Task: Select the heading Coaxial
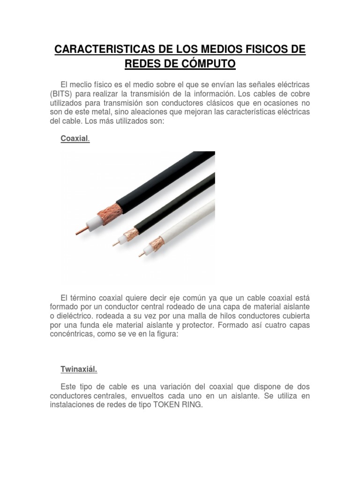click(x=75, y=139)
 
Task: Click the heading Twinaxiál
click(x=78, y=369)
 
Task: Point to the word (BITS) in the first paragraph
click(x=61, y=93)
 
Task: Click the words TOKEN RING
click(x=178, y=405)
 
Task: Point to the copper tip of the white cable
click(x=140, y=255)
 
